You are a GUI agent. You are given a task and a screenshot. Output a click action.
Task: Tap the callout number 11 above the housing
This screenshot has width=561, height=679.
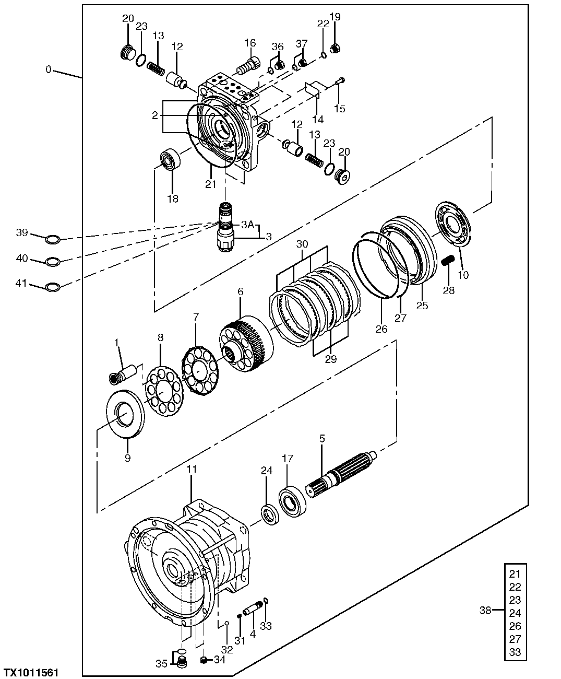click(192, 469)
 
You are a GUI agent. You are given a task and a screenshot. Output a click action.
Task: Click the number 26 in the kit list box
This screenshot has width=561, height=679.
click(515, 626)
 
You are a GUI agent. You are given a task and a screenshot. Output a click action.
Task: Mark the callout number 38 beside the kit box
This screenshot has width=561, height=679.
click(485, 610)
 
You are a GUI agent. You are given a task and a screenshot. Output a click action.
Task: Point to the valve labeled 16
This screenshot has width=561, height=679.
click(247, 66)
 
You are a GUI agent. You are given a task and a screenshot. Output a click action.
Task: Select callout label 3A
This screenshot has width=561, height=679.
click(247, 225)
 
